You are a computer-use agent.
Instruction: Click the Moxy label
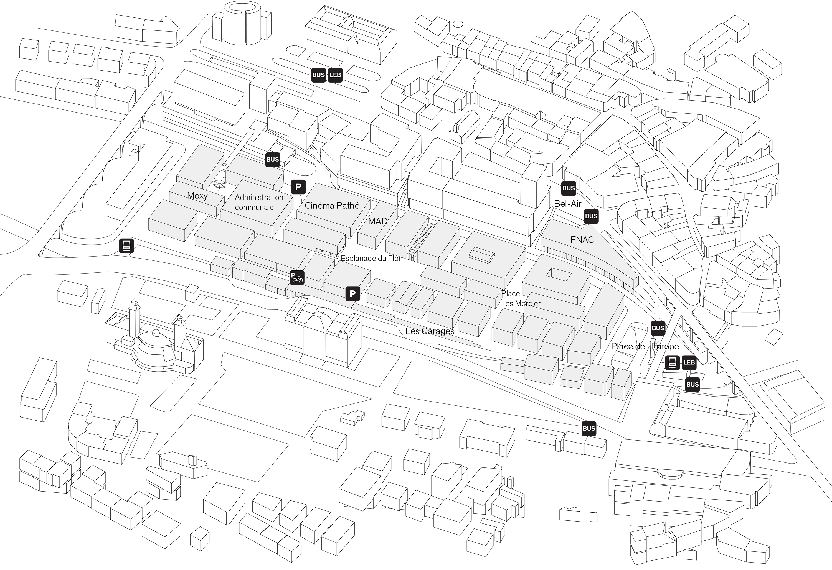(x=197, y=196)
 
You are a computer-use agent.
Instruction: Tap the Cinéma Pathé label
(x=332, y=205)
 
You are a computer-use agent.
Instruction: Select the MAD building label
(x=378, y=221)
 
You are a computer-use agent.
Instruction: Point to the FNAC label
(x=582, y=240)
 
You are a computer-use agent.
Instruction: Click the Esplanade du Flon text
(x=371, y=258)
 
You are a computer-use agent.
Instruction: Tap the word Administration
(x=259, y=197)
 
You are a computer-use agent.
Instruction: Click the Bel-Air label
(x=567, y=204)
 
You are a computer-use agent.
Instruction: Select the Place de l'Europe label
(x=645, y=346)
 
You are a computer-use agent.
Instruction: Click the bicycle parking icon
(x=297, y=278)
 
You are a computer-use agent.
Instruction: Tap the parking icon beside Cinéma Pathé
(x=298, y=187)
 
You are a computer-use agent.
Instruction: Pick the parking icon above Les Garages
(x=352, y=294)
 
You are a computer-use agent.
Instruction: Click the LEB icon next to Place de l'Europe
(x=689, y=362)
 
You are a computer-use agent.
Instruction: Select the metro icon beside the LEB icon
(x=672, y=362)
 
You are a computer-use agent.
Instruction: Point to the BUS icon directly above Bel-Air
(x=569, y=188)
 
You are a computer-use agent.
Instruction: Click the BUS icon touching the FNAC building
(x=591, y=216)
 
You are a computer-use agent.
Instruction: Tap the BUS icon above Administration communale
(x=272, y=160)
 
